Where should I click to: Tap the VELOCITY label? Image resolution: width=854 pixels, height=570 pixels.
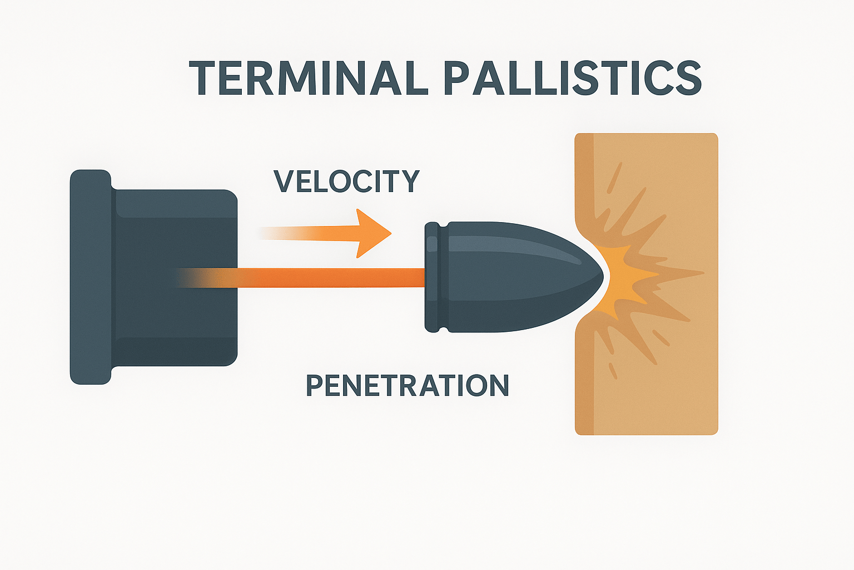(x=346, y=181)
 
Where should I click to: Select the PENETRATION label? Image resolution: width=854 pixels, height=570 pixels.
(x=408, y=385)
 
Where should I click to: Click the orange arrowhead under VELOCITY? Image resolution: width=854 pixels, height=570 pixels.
(x=371, y=233)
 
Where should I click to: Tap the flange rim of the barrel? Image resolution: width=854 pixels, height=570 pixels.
(x=90, y=277)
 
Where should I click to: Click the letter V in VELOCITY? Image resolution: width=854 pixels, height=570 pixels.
(x=285, y=181)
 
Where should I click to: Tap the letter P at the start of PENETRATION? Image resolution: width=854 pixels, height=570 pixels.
(x=315, y=385)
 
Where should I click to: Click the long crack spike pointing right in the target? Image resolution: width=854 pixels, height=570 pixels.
(x=684, y=273)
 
